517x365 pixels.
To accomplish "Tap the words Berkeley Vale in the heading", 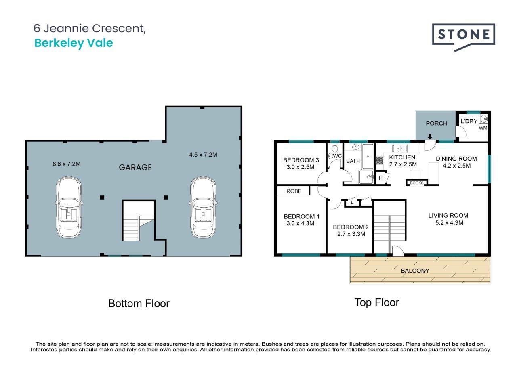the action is click(74, 43).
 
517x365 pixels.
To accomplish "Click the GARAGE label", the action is click(135, 167).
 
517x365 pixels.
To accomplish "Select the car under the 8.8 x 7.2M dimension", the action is click(69, 207).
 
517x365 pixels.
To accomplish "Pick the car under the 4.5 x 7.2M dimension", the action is click(203, 207).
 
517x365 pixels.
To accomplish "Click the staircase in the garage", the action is click(139, 221).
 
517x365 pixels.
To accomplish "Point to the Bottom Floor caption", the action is click(139, 304).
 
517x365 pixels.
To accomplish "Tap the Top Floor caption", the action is click(377, 303).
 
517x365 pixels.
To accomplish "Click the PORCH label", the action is click(437, 123).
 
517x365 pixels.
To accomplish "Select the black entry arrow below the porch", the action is click(430, 136).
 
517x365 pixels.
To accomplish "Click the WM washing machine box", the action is click(483, 128).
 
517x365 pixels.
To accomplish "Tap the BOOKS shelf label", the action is click(416, 183).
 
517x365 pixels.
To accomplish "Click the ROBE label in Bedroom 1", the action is click(294, 191).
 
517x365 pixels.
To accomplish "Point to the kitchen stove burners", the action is click(379, 160).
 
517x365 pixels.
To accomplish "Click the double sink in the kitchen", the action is click(400, 148).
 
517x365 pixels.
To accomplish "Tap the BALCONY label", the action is click(415, 271).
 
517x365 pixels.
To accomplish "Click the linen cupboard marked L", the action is click(352, 202).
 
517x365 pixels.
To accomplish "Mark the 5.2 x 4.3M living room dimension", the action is click(449, 223).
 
